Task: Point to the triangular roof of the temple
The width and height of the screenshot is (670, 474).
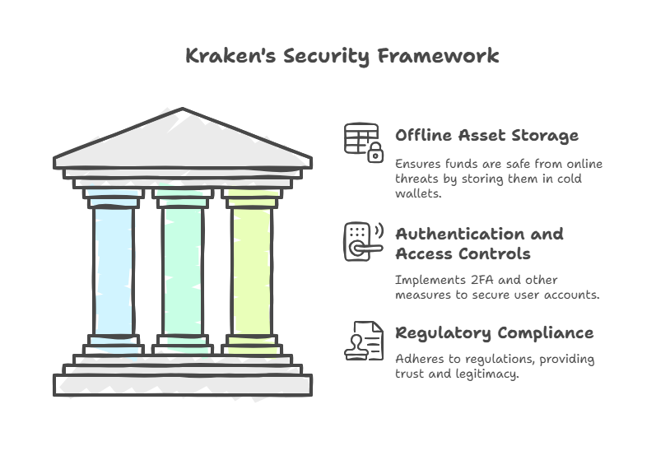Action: coord(182,140)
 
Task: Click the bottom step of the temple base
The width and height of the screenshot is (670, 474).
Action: coord(182,385)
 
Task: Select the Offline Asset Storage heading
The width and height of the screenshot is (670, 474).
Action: coord(486,136)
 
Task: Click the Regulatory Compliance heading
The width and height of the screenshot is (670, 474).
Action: coord(494,333)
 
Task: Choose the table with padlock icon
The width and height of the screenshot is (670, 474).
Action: coord(363,142)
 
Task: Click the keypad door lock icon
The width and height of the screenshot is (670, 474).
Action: coord(363,241)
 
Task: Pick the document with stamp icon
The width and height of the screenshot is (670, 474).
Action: coord(363,341)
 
